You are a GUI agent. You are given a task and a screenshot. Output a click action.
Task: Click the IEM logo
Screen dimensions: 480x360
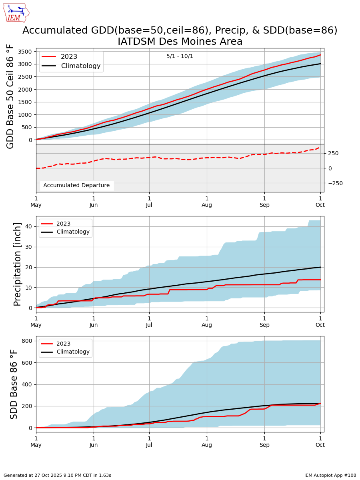click(x=16, y=13)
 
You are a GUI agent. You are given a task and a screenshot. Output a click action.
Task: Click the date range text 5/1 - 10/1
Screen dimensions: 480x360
click(x=180, y=56)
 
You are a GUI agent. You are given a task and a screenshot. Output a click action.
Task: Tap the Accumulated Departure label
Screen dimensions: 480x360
click(x=76, y=186)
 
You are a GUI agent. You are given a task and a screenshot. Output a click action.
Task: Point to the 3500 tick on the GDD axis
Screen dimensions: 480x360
click(x=25, y=52)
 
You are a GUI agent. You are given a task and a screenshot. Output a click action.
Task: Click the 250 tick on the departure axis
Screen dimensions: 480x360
click(x=333, y=153)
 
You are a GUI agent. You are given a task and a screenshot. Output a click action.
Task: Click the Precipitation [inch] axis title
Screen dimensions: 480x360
click(x=18, y=264)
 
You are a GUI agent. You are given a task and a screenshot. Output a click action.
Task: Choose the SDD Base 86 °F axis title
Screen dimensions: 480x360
click(x=14, y=384)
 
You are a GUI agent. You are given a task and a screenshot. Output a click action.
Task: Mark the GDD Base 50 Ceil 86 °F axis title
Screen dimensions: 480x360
click(x=11, y=96)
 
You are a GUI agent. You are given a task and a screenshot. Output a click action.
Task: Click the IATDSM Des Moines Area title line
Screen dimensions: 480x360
click(x=180, y=42)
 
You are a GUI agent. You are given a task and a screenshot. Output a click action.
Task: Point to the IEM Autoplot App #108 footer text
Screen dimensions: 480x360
click(x=330, y=475)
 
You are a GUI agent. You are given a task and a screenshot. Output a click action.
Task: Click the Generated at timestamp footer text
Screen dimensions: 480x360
click(x=57, y=475)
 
